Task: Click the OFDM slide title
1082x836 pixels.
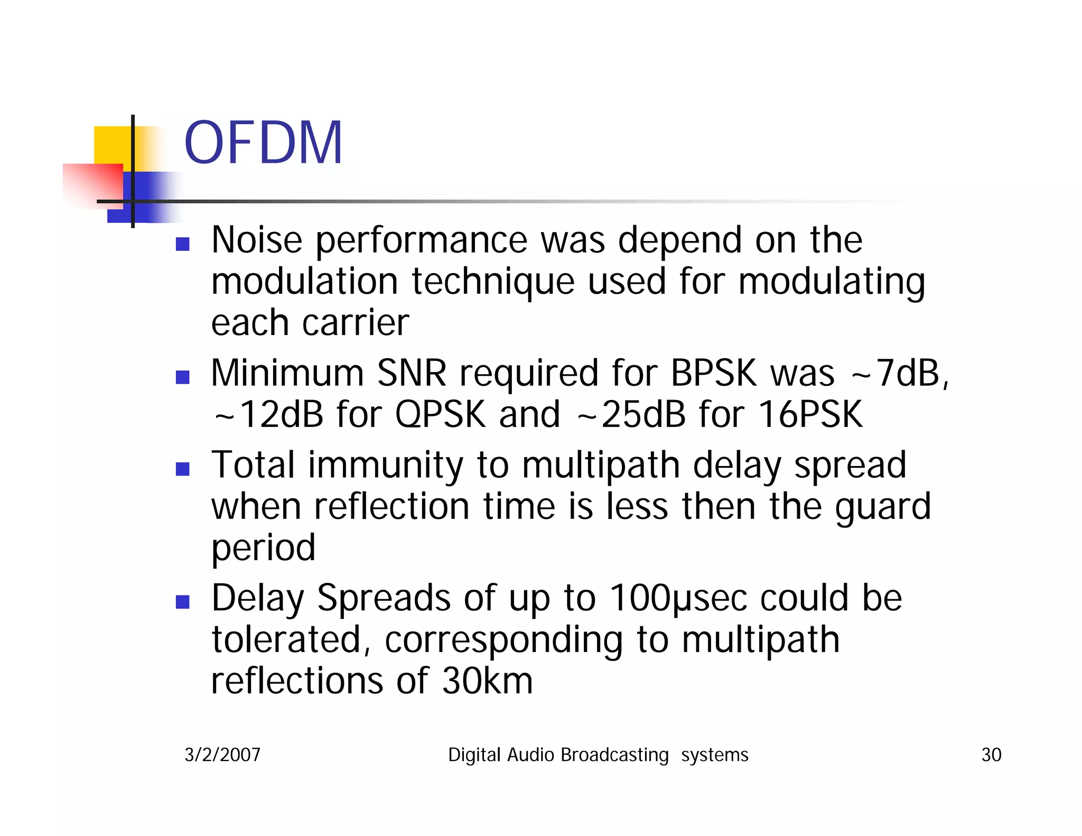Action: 263,143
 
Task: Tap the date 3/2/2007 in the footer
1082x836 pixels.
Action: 222,755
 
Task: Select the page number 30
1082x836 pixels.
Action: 991,755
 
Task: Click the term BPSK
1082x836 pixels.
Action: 714,373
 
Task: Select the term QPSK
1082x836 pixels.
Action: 440,414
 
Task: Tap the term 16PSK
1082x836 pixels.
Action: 810,414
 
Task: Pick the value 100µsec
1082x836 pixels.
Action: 678,598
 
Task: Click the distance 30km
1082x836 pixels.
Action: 487,681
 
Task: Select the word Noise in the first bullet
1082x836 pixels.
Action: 257,240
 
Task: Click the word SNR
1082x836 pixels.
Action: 412,373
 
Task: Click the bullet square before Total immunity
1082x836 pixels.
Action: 183,469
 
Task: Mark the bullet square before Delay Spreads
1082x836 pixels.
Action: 183,602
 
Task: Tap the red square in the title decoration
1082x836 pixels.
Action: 93,185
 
